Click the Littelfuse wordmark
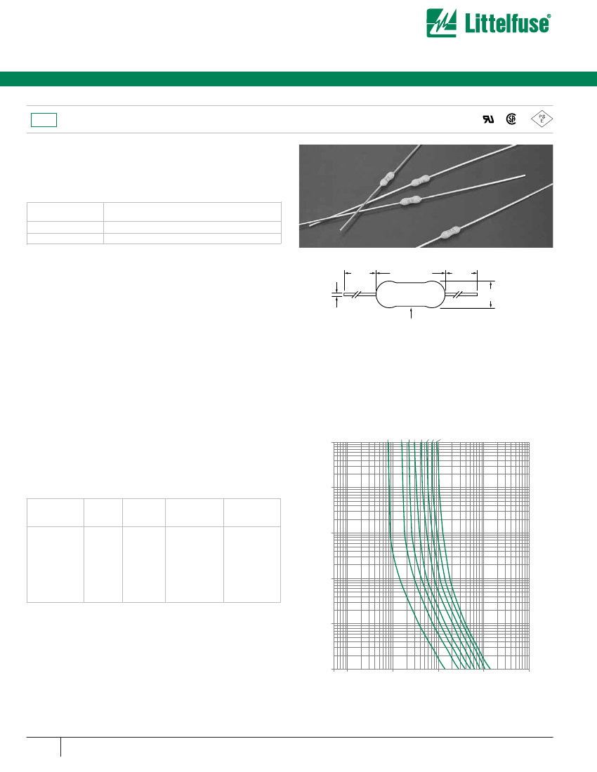[x=511, y=24]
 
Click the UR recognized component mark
[x=487, y=119]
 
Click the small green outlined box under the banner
[x=44, y=119]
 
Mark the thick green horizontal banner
[x=298, y=79]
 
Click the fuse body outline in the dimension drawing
[x=410, y=295]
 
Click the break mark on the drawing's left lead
[x=359, y=295]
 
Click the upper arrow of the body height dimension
[x=491, y=285]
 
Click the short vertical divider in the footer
[x=61, y=747]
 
